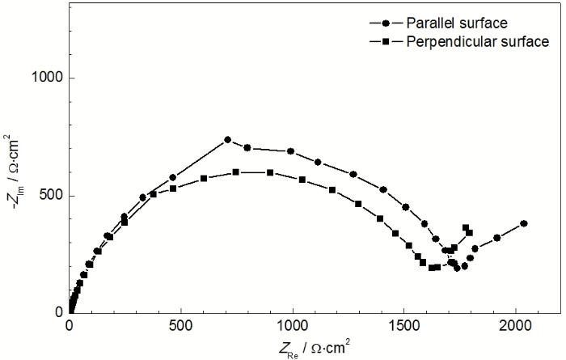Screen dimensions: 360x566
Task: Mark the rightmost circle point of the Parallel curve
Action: click(524, 223)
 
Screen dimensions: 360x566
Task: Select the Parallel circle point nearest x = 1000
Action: click(291, 151)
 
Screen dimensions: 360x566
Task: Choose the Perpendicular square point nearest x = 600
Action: click(204, 178)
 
